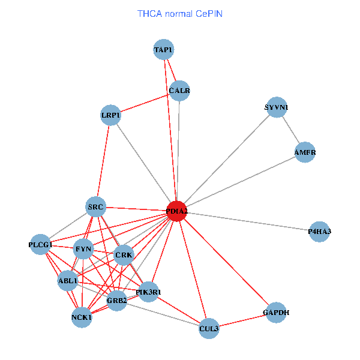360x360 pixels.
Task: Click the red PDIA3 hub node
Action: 176,211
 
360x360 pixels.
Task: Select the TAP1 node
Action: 163,50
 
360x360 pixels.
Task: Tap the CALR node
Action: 179,91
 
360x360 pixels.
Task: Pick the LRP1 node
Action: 110,115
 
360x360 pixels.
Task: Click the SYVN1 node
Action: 276,108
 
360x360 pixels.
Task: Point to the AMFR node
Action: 305,152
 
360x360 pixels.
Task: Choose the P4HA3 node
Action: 319,232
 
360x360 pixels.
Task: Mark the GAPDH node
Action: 275,313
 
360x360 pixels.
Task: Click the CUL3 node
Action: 208,328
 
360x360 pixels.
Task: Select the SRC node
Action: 96,208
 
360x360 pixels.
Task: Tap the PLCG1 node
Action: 40,245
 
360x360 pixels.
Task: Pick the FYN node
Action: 83,248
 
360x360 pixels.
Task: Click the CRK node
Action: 124,255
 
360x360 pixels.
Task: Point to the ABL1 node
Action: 68,280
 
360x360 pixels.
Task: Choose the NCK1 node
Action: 82,317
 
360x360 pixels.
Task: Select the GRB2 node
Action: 116,300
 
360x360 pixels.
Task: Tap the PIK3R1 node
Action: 148,292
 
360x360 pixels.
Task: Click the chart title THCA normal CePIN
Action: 180,13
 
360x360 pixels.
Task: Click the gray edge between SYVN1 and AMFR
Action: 290,130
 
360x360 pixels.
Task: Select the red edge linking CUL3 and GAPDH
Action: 242,320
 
